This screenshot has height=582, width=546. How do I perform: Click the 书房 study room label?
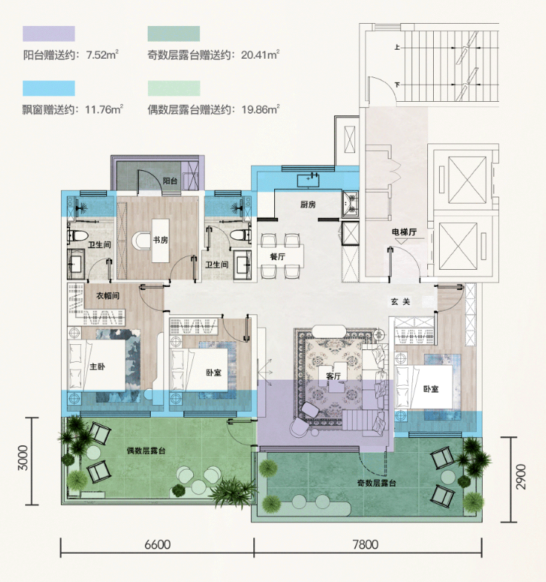click(160, 240)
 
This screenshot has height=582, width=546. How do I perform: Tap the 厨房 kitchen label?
click(308, 204)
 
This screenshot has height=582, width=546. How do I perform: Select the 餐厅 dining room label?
click(277, 256)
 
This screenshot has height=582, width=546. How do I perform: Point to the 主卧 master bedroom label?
click(97, 366)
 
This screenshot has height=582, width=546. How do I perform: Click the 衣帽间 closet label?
click(108, 296)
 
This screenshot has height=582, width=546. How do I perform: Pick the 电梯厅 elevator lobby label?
click(404, 233)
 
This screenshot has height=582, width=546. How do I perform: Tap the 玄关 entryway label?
click(400, 302)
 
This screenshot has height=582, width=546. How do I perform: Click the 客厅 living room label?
click(333, 376)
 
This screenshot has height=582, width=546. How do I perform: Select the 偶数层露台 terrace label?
click(146, 450)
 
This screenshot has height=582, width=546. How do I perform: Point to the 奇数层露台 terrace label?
click(377, 483)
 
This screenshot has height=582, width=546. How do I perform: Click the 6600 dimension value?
click(157, 545)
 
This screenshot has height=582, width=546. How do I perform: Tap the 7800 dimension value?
click(365, 545)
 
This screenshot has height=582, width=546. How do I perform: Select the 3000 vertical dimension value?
click(23, 458)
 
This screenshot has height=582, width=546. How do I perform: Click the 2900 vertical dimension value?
click(521, 476)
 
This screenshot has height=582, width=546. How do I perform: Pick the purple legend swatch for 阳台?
click(48, 33)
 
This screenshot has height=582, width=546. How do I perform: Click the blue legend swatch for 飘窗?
click(48, 88)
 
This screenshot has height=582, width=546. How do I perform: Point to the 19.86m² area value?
click(261, 109)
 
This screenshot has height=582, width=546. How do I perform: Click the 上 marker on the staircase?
click(397, 47)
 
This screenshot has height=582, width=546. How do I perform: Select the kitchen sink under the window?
click(308, 180)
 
